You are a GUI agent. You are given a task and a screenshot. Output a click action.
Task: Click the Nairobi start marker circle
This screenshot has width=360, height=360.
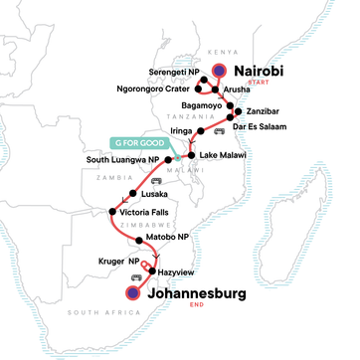coord(219,71)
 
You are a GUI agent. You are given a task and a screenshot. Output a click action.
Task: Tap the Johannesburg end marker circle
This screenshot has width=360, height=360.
coord(131,293)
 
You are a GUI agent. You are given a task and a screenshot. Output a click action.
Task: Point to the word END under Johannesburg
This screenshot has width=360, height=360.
coord(207,305)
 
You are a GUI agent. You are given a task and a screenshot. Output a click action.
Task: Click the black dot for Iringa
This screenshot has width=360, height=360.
coord(202,131)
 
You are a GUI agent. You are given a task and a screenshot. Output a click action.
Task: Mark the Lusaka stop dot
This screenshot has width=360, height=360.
coord(131,193)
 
